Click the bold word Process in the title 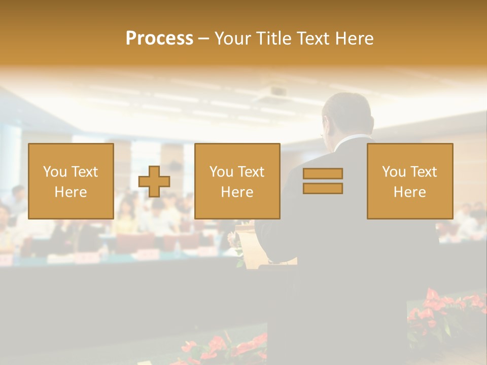click(x=159, y=39)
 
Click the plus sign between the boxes click(x=154, y=181)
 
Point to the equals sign click(x=323, y=181)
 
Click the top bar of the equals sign click(x=323, y=173)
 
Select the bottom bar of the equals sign click(x=323, y=188)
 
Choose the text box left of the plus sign click(x=71, y=181)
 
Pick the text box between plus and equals click(x=237, y=181)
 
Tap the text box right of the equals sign click(x=410, y=181)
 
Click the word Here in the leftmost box click(x=71, y=192)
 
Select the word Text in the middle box click(x=251, y=172)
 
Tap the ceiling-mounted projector click(x=277, y=92)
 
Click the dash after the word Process click(x=203, y=39)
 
